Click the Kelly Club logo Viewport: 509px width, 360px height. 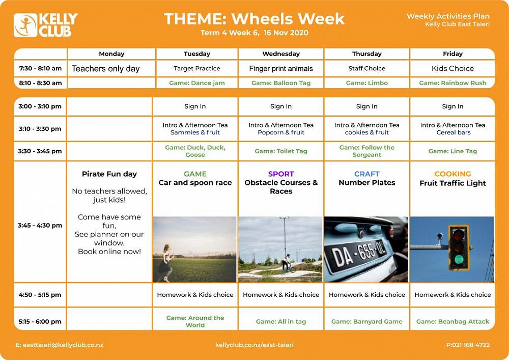pos(46,25)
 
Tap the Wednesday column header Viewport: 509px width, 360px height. pos(281,54)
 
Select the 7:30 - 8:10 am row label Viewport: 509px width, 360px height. pos(40,69)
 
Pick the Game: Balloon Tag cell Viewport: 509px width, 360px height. pos(281,83)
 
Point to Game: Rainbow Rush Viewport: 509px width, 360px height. pos(453,83)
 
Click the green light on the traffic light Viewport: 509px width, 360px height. pos(459,259)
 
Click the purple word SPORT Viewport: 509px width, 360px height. pos(281,174)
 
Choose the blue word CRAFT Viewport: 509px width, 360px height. pos(367,174)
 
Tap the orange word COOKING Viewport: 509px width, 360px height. pos(453,174)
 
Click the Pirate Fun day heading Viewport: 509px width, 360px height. pos(109,174)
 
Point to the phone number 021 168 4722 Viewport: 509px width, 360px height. pos(471,345)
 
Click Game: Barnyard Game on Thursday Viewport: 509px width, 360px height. pos(367,322)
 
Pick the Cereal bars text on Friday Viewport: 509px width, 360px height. pos(453,132)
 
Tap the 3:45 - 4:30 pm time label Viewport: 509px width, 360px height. pos(40,225)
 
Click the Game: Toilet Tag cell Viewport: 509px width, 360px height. pos(281,151)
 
